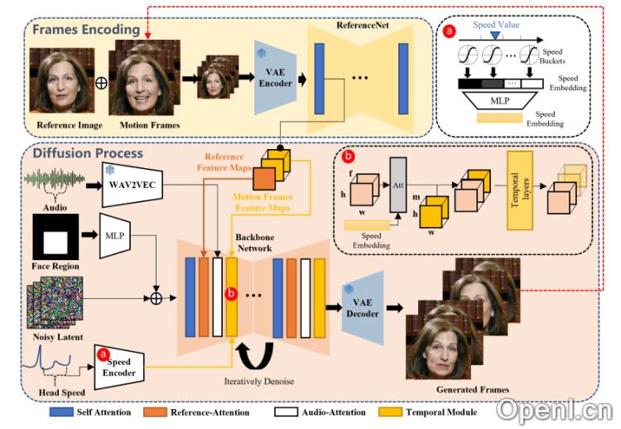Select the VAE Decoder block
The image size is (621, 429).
click(x=363, y=308)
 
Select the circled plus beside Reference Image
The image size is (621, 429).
click(x=101, y=83)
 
